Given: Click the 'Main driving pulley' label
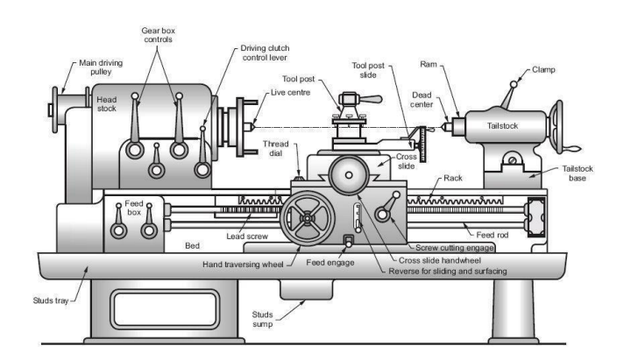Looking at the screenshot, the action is coord(101,67).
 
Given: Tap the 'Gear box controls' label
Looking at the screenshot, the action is coord(158,35).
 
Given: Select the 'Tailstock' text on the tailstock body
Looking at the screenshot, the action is coord(502,126).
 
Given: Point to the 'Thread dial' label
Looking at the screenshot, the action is coord(276,148).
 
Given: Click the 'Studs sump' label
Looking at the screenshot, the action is coord(262,320).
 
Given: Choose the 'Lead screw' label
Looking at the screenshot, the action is coord(246,236).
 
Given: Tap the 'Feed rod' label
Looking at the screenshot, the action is coord(493,235).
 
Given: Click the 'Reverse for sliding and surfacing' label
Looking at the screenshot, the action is coord(448,272).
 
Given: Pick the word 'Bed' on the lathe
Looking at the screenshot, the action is coord(192,246).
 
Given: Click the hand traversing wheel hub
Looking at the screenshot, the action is coord(308,218).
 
